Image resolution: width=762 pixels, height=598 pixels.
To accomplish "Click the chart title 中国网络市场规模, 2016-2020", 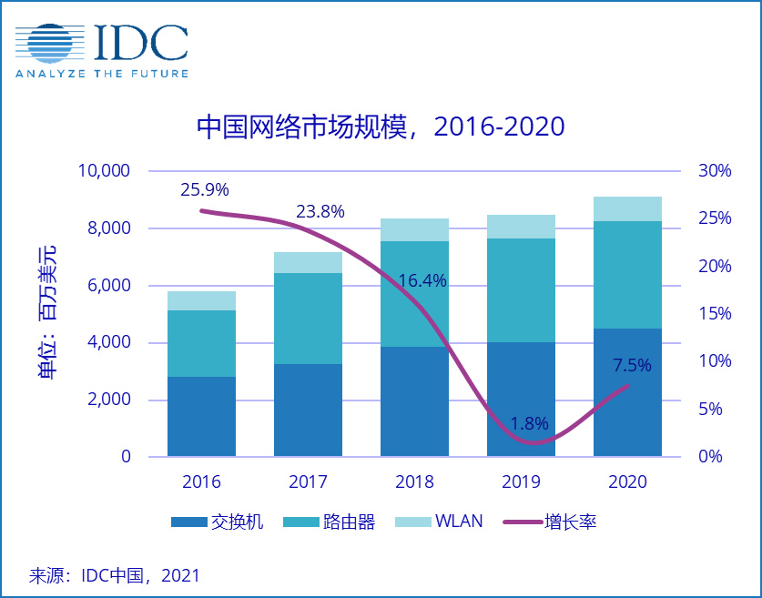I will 381,127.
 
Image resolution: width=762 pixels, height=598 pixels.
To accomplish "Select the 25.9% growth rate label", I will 205,190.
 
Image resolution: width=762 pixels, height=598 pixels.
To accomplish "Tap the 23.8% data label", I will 320,212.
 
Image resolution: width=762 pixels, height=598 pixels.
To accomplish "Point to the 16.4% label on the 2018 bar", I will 422,281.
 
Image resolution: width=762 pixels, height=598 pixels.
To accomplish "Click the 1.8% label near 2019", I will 528,423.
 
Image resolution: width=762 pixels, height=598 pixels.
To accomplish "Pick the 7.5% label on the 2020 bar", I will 632,366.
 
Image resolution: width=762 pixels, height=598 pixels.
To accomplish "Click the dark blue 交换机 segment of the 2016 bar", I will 201,416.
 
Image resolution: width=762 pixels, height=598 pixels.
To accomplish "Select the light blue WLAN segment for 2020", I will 627,208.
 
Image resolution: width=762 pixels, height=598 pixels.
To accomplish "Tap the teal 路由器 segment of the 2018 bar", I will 414,294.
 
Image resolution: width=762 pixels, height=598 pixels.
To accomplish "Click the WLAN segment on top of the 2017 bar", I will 308,262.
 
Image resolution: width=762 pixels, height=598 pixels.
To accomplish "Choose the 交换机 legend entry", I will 218,522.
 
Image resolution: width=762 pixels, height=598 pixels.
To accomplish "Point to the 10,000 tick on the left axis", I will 107,171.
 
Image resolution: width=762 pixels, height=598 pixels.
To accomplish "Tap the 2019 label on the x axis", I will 521,482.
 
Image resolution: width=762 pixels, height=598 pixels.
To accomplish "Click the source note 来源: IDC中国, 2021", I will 115,575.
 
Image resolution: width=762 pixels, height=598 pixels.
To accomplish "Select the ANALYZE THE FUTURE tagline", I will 101,74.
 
